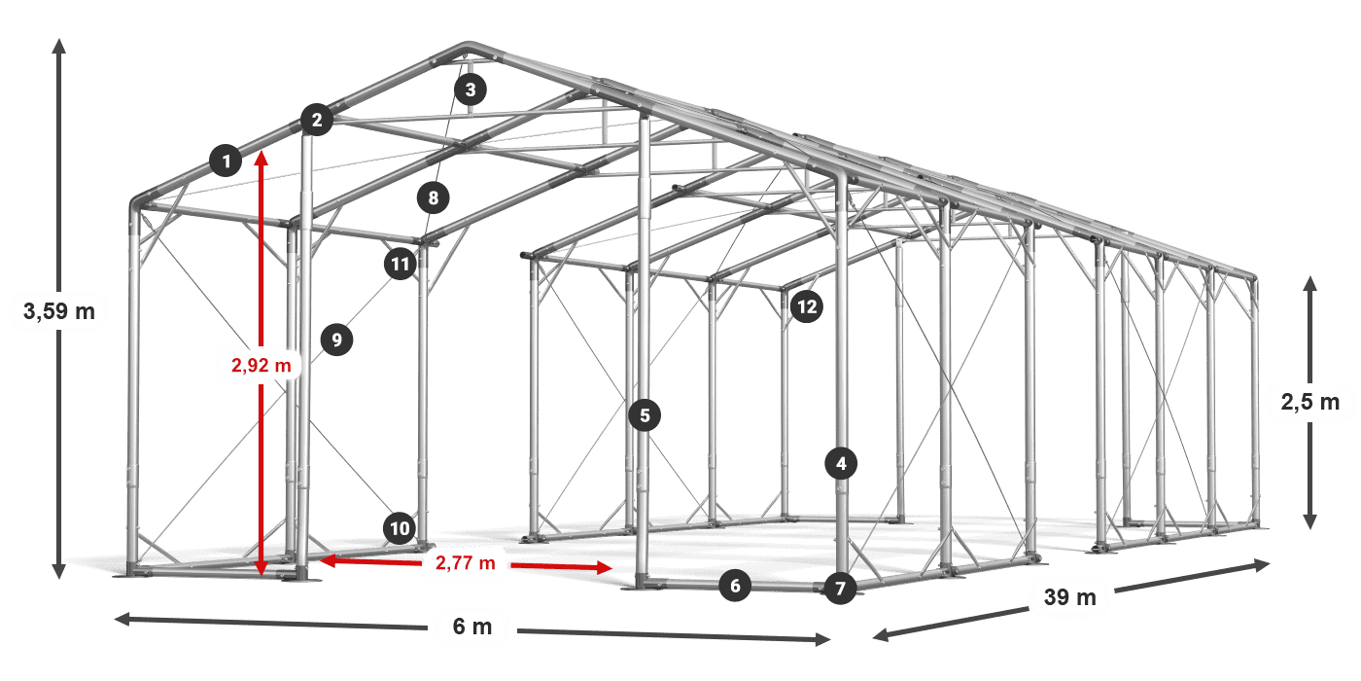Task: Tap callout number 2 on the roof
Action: point(316,121)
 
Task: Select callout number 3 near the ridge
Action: point(471,91)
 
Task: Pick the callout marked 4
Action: point(841,464)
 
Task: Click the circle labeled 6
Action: point(735,586)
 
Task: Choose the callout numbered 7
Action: point(841,588)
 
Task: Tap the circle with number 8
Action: point(434,199)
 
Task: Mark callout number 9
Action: point(336,340)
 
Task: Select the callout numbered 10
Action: point(400,528)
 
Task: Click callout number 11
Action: point(400,263)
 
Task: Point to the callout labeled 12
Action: point(806,307)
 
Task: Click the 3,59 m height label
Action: point(58,312)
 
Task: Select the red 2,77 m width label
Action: point(465,562)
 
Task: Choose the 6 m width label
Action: point(472,627)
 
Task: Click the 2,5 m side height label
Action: point(1309,401)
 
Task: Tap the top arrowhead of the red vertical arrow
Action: point(261,158)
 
